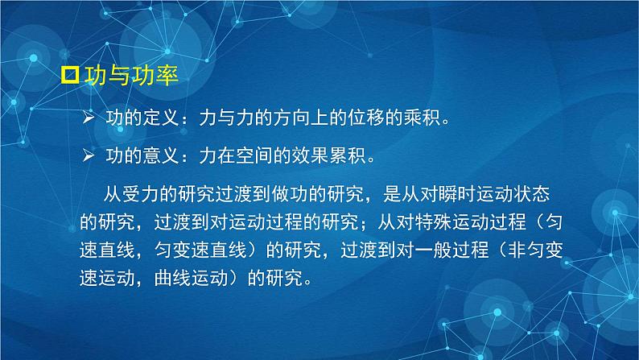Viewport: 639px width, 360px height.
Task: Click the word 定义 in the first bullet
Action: click(159, 119)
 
